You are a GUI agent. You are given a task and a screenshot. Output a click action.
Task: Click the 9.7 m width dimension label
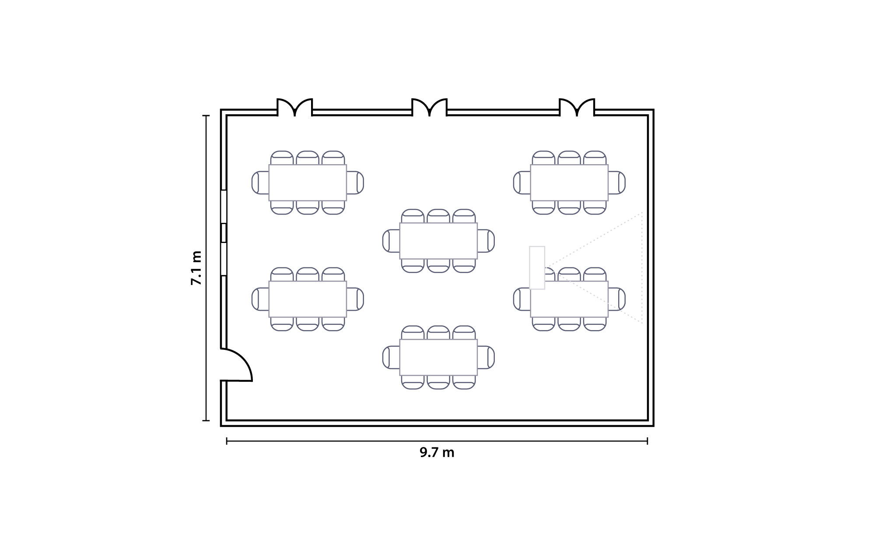pyautogui.click(x=437, y=452)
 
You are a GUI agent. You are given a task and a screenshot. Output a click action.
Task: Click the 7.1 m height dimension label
pyautogui.click(x=196, y=268)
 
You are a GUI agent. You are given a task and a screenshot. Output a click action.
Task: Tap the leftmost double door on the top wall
pyautogui.click(x=295, y=107)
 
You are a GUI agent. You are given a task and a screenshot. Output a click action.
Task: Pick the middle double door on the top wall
pyautogui.click(x=430, y=107)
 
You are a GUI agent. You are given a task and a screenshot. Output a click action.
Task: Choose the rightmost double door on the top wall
pyautogui.click(x=577, y=107)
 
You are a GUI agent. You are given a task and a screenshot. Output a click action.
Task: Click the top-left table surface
pyautogui.click(x=308, y=183)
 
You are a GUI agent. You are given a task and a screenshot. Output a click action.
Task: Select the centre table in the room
pyautogui.click(x=438, y=241)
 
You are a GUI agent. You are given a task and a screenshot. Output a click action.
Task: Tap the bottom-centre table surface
pyautogui.click(x=438, y=357)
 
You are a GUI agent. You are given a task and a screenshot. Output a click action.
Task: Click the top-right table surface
pyautogui.click(x=569, y=183)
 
